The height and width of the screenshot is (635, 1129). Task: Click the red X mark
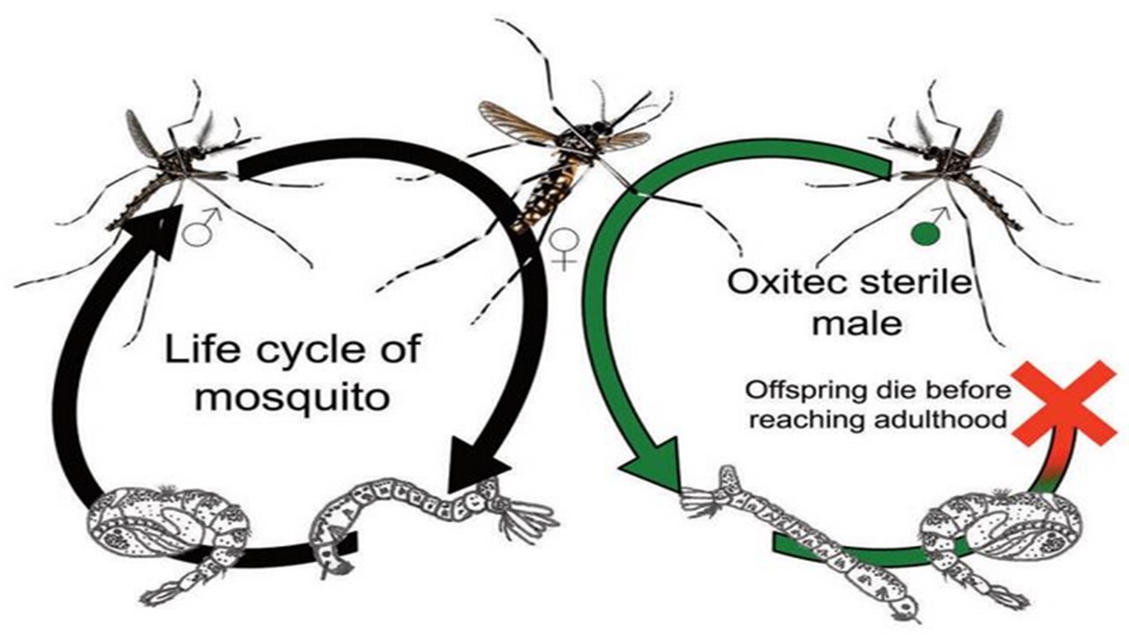pos(1063,405)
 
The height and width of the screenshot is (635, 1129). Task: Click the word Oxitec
pos(781,284)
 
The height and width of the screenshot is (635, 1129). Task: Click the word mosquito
pos(292,396)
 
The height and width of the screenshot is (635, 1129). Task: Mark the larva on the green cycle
pos(794,538)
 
